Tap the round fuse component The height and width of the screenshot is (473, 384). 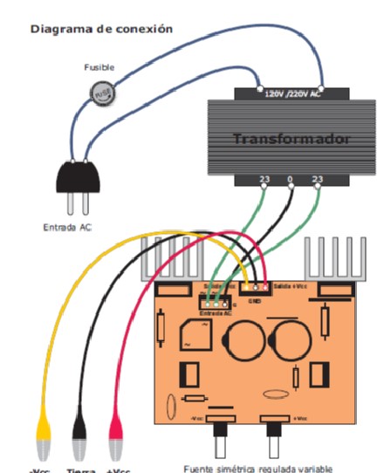[x=103, y=92]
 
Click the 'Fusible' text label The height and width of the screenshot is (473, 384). [x=99, y=67]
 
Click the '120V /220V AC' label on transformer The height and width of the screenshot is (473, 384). [x=293, y=91]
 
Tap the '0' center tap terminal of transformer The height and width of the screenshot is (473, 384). [x=291, y=181]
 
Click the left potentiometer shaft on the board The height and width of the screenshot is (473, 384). [x=221, y=443]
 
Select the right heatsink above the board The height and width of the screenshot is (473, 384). [x=331, y=257]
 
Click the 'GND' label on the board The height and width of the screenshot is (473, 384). [x=256, y=300]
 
